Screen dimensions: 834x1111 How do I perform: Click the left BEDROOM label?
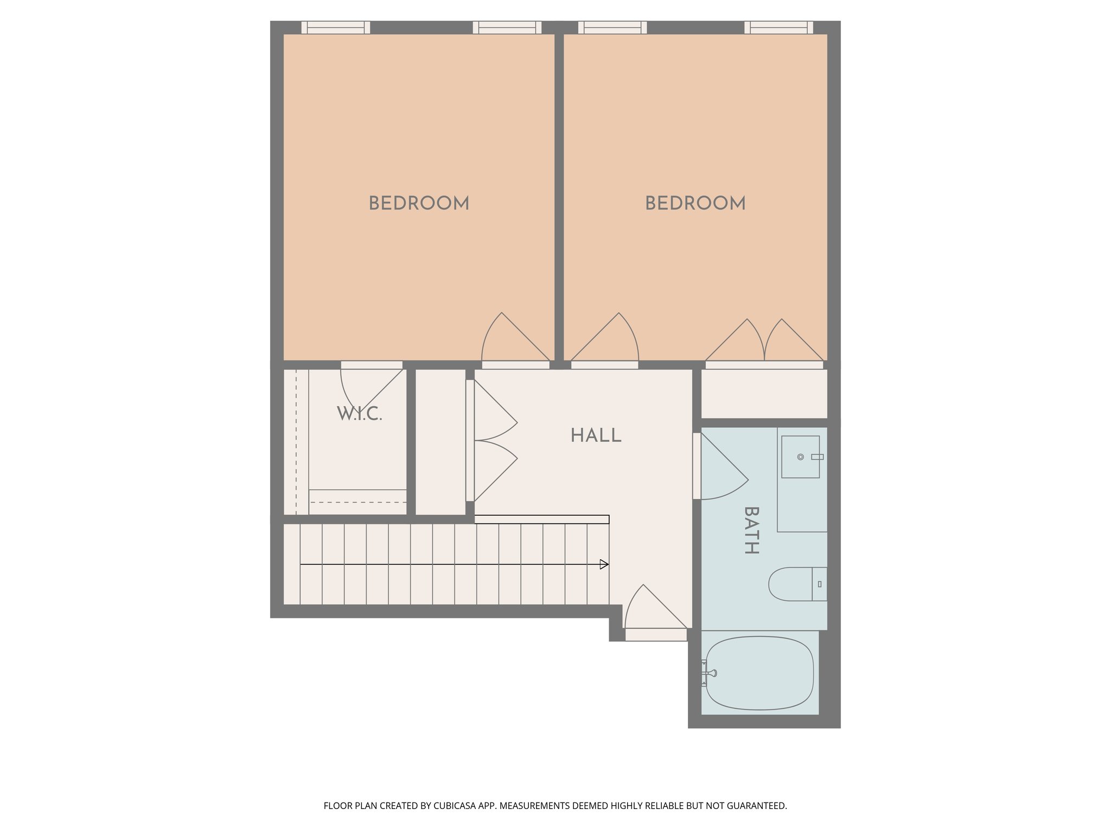419,204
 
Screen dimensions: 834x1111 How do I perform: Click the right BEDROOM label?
695,204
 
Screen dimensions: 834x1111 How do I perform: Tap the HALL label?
596,435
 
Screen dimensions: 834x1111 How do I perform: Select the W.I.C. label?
360,414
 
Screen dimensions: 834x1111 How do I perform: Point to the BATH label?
751,530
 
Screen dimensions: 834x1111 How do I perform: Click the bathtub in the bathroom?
759,673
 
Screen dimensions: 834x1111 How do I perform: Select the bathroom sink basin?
800,457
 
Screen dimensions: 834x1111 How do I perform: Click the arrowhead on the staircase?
604,565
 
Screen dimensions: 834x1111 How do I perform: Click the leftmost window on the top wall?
336,27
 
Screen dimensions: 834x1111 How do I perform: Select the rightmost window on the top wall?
778,27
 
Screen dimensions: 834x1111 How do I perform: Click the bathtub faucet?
708,673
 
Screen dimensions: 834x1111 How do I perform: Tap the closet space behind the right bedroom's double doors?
764,394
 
